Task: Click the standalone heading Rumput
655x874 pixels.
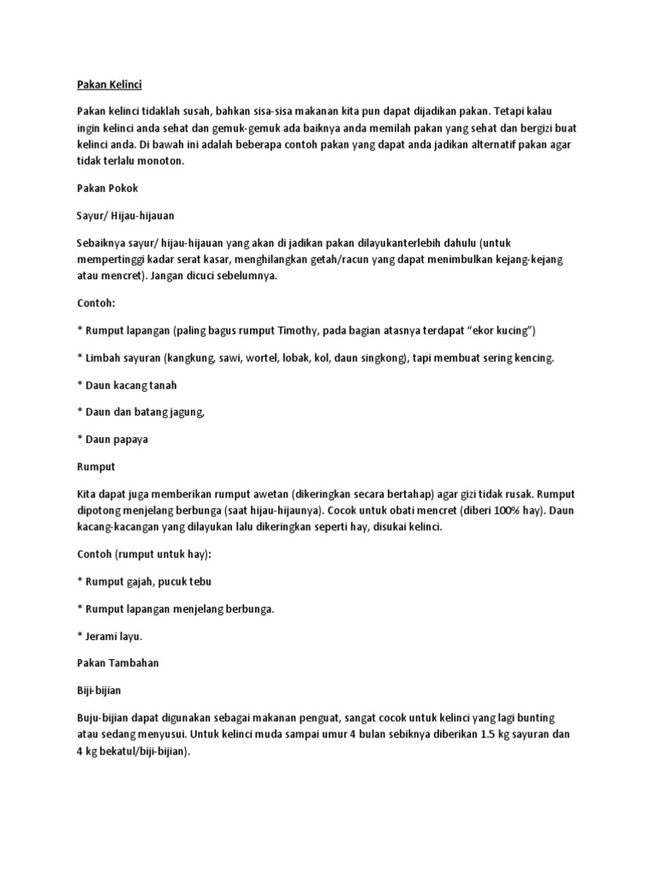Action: click(96, 468)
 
